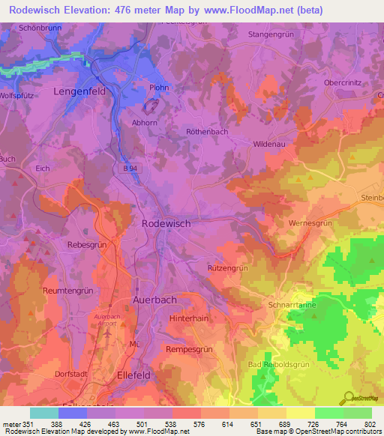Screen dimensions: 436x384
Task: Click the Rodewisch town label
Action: (x=166, y=223)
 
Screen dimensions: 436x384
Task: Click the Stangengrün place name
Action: (x=271, y=34)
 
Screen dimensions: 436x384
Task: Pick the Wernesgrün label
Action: (x=309, y=223)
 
